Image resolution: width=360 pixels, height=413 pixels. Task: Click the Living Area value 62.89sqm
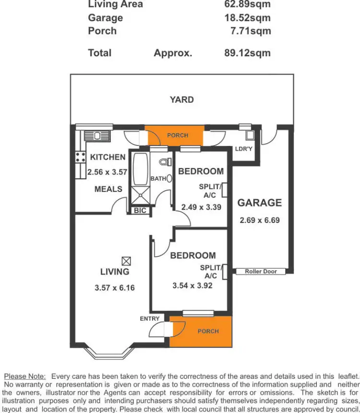[x=247, y=5]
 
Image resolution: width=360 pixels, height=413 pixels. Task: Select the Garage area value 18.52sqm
[x=247, y=18]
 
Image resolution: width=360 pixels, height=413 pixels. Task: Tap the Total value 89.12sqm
[x=247, y=53]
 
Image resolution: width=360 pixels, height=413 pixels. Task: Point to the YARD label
[x=182, y=100]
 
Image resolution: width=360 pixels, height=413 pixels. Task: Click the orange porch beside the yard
[x=174, y=136]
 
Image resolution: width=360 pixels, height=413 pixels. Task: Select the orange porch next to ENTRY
[x=201, y=331]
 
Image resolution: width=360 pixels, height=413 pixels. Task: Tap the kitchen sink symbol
[x=97, y=135]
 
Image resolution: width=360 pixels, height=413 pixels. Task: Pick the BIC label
[x=140, y=211]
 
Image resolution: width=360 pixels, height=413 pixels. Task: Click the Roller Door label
[x=261, y=271]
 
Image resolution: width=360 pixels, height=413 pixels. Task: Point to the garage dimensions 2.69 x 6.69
[x=260, y=221]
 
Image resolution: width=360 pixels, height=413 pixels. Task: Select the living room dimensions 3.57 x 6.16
[x=115, y=288]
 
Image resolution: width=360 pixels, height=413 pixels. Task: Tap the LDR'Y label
[x=243, y=149]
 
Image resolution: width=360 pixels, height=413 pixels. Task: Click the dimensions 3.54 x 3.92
[x=192, y=285]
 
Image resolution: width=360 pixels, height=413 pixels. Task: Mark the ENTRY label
[x=150, y=319]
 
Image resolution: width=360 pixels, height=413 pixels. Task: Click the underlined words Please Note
[x=24, y=376]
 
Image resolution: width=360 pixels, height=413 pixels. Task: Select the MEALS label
[x=108, y=189]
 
